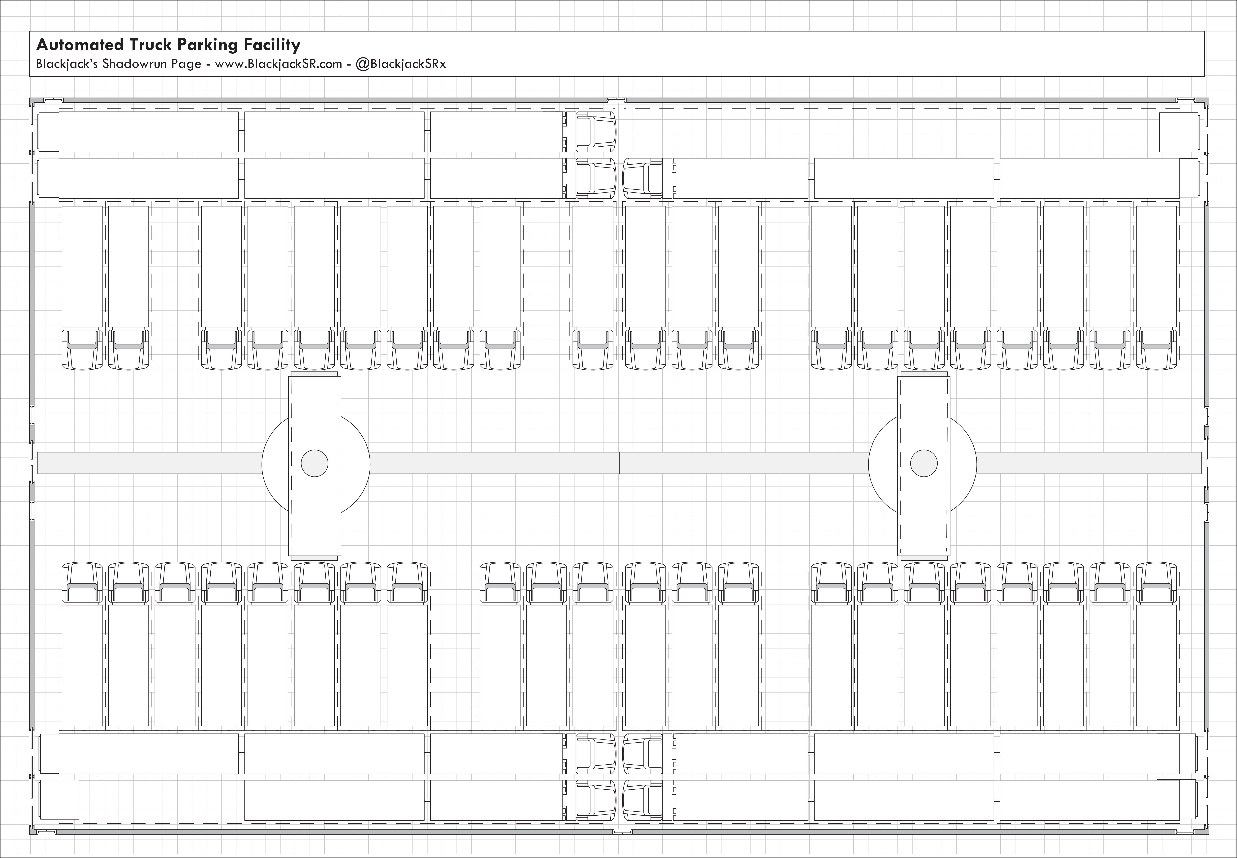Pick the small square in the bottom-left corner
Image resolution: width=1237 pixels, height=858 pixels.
pyautogui.click(x=60, y=799)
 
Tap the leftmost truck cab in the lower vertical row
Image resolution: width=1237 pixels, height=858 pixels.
pyautogui.click(x=82, y=582)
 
